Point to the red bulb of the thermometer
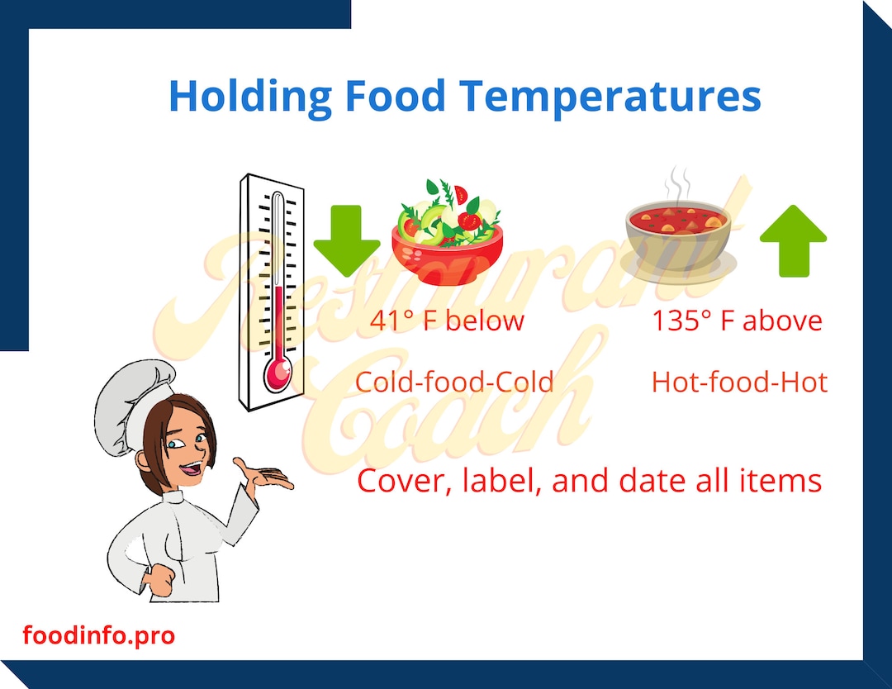(278, 374)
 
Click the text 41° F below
(447, 321)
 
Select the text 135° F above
(737, 321)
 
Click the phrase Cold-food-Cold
(454, 383)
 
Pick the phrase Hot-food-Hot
(739, 383)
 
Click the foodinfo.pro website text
(99, 636)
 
